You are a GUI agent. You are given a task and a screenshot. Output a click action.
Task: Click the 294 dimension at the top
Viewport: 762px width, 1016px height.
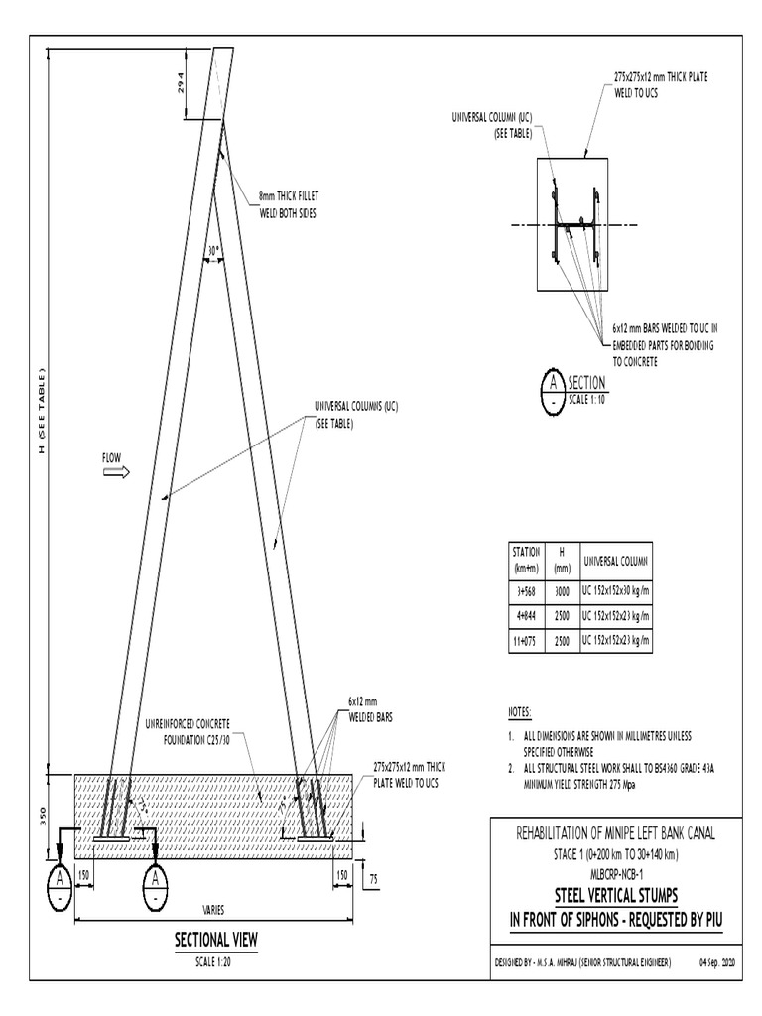click(x=181, y=86)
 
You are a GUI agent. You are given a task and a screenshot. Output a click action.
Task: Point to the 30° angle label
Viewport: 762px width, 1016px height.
click(x=211, y=252)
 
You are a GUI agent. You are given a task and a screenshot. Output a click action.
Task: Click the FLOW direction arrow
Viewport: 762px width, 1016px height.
click(x=116, y=473)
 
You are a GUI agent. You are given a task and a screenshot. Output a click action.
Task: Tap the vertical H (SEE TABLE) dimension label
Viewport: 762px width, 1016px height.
click(x=42, y=413)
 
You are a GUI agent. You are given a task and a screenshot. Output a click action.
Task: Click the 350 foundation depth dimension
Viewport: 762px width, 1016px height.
click(x=43, y=816)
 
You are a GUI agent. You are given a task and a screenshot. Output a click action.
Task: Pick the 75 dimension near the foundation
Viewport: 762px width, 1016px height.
click(x=372, y=879)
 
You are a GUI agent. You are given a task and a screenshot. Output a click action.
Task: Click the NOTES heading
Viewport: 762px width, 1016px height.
click(x=520, y=713)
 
